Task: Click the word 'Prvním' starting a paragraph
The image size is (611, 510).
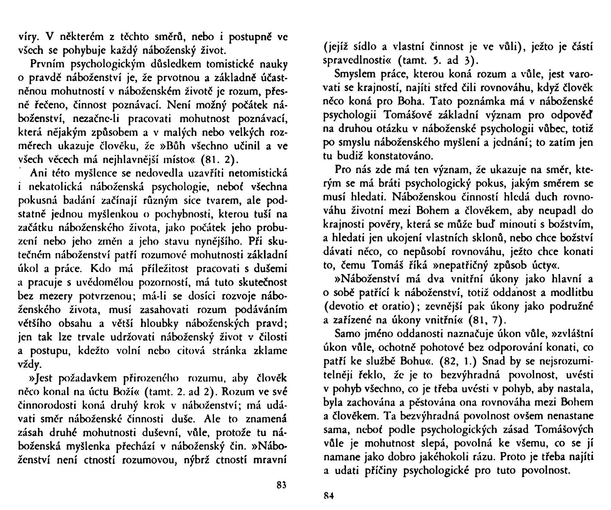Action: [x=50, y=64]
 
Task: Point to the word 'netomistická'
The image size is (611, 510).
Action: [x=259, y=173]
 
